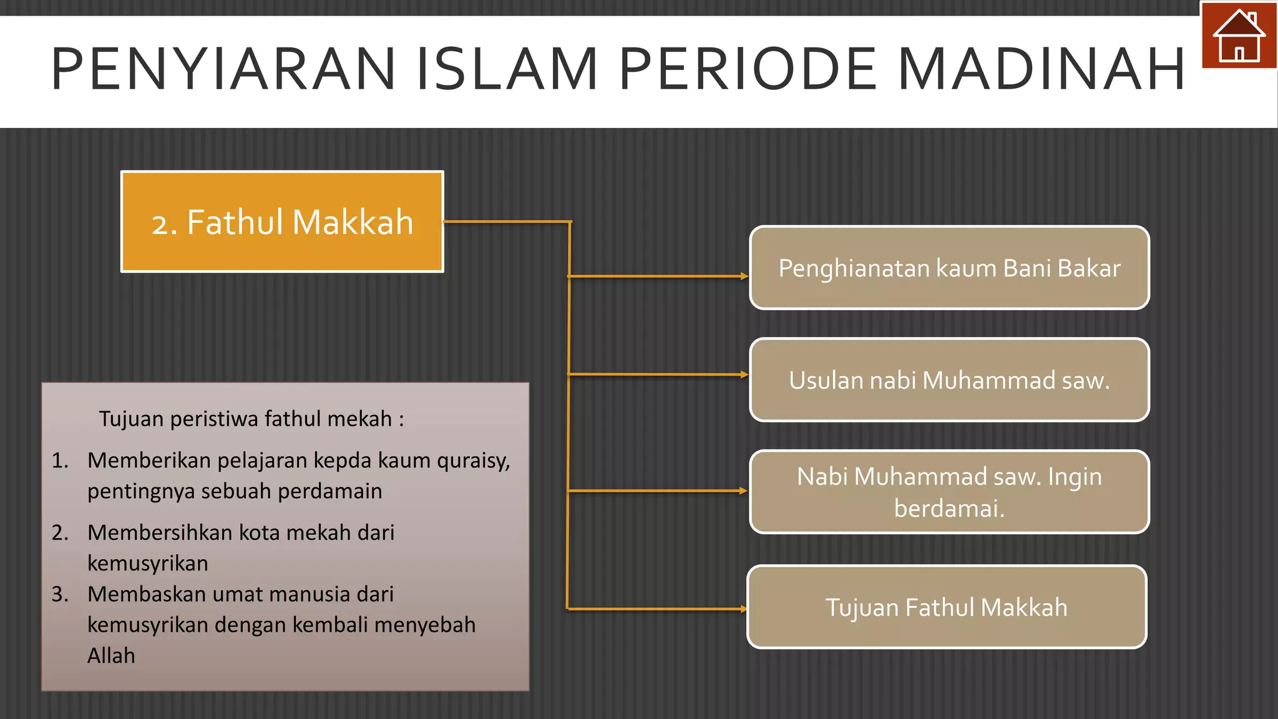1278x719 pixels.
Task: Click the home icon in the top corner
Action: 1239,36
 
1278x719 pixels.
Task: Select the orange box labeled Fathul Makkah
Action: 282,222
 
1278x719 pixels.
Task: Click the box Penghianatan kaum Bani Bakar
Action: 949,268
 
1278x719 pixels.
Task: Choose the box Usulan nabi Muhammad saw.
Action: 949,380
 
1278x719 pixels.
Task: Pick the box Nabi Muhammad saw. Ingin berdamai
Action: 949,492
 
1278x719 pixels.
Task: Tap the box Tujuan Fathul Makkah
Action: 946,607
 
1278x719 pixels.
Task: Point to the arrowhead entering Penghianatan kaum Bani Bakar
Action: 744,276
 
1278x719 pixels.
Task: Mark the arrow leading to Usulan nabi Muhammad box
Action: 655,374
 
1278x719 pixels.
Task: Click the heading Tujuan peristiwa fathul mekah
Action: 251,419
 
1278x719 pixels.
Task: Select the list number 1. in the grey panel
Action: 60,461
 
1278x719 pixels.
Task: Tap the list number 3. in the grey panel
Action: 60,594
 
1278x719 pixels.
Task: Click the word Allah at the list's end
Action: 111,656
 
